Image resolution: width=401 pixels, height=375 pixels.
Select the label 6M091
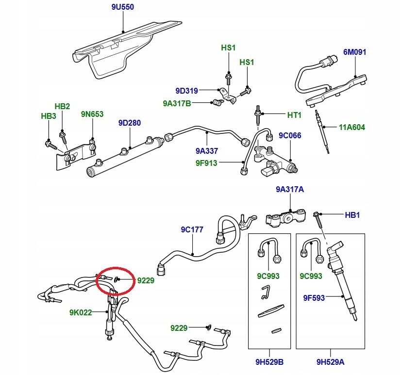(x=355, y=52)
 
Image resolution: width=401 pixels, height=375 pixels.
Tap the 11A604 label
(x=352, y=128)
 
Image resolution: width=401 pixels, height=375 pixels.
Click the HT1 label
(x=295, y=115)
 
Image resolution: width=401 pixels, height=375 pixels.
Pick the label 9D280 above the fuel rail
(x=130, y=123)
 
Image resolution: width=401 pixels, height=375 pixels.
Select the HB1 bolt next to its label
(x=319, y=221)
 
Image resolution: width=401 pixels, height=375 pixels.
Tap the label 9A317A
(x=290, y=190)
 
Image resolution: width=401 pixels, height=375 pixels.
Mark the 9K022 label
(x=80, y=312)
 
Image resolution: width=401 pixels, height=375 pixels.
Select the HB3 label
(x=49, y=116)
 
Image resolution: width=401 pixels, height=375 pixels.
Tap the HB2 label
(x=62, y=106)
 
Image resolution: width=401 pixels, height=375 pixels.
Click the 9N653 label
(x=92, y=114)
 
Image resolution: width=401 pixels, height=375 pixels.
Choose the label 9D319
(x=187, y=90)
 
